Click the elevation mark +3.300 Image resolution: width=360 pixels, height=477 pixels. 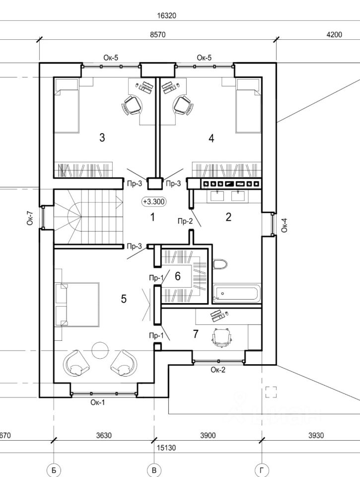click(154, 201)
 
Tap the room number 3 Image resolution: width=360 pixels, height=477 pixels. click(102, 138)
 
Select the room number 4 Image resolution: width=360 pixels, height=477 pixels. click(212, 139)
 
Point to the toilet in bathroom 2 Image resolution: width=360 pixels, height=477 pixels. click(220, 264)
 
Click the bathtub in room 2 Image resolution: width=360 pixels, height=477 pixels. click(237, 294)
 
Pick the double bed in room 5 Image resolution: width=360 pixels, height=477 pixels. click(77, 305)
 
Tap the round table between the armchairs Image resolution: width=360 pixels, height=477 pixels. click(100, 350)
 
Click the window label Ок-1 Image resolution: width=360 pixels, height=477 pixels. click(98, 402)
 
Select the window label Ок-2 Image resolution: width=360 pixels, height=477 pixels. click(218, 370)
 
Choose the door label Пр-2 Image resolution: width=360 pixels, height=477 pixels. click(185, 221)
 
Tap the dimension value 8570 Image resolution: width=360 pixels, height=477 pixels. click(158, 35)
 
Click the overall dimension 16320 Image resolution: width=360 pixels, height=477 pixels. click(167, 15)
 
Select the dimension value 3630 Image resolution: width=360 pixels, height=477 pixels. click(104, 436)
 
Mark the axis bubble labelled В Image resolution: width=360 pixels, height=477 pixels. click(154, 471)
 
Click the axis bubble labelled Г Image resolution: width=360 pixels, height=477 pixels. click(262, 471)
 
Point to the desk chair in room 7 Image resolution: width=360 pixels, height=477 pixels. click(221, 337)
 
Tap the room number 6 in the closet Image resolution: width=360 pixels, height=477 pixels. click(178, 276)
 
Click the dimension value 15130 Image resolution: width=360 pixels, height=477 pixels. click(166, 448)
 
